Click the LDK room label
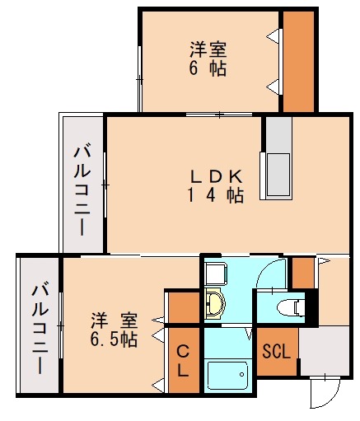pos(216,176)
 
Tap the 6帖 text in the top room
pos(208,68)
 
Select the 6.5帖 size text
pos(115,338)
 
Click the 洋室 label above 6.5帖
pos(115,319)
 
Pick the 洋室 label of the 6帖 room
pos(208,49)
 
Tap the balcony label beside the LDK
pos(82,189)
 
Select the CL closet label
pos(183,361)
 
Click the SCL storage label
pos(276,352)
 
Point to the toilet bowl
pos(287,308)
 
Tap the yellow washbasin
pos(216,304)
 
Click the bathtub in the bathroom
pos(228,378)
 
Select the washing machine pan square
pos(216,272)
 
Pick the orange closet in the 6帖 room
pos(298,62)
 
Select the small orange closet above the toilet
pos(304,271)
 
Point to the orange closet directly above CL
pos(183,307)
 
